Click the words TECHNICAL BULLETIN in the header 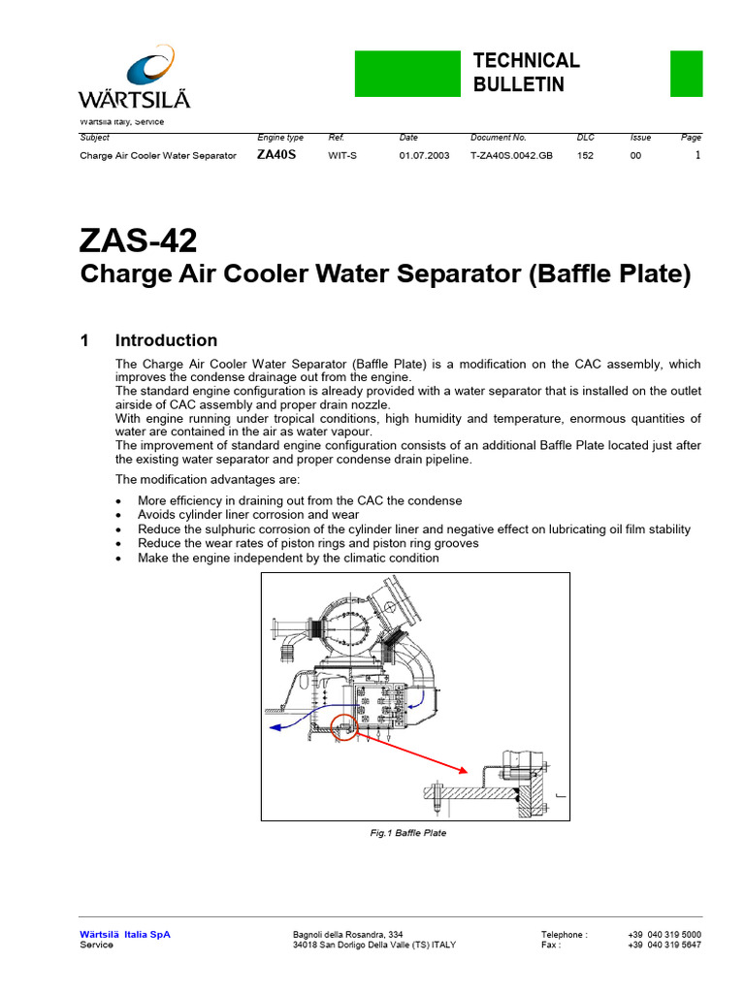526,73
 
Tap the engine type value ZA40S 275,155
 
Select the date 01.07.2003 424,155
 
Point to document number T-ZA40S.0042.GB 511,155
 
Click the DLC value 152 586,155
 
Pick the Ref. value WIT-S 342,155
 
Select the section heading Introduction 166,340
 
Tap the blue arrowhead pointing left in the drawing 275,724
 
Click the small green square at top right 686,74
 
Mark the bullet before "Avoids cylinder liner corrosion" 118,516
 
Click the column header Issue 640,138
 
